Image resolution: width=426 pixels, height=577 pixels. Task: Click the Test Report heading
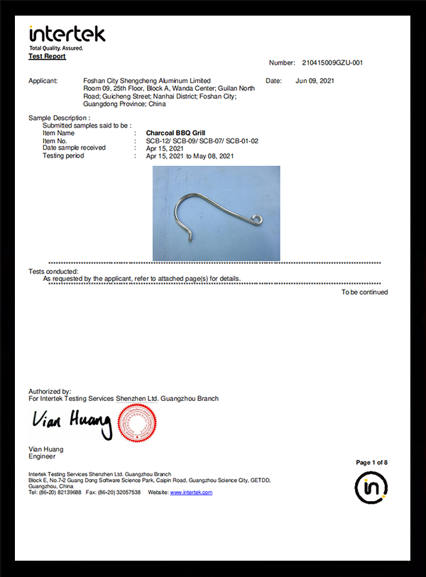[47, 55]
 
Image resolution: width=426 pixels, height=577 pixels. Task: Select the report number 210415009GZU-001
[332, 62]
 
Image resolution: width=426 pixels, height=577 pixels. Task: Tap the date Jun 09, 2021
[315, 81]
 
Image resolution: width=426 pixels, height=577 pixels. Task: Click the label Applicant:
[43, 81]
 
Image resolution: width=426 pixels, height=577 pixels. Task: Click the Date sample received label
[75, 148]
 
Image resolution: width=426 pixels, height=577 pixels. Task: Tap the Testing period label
[63, 155]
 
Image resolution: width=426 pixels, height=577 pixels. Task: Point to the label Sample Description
[59, 117]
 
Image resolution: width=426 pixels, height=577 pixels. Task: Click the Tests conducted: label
[53, 271]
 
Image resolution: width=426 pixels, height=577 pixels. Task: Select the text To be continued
[364, 292]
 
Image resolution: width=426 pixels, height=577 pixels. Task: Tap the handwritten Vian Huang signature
[72, 424]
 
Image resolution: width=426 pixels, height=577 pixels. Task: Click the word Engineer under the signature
[42, 456]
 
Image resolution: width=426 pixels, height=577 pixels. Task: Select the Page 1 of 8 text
[371, 463]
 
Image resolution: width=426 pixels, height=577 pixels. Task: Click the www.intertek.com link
[191, 493]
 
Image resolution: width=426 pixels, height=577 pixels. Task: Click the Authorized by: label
[50, 391]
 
